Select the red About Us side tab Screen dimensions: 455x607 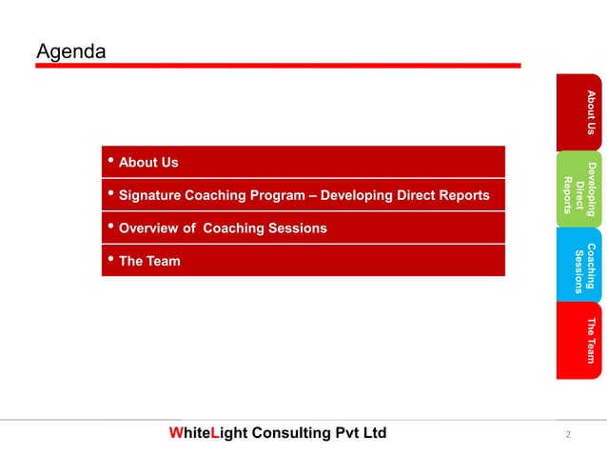coord(579,111)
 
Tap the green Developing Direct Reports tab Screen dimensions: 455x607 coord(579,188)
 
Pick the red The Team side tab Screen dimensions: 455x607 coord(579,340)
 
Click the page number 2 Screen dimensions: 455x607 coord(567,435)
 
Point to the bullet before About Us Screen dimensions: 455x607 coord(111,161)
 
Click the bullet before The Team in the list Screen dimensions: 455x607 coord(111,259)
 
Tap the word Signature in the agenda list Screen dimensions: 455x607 coord(148,196)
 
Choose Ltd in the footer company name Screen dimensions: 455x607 coord(376,433)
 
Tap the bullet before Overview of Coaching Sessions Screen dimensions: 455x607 coord(111,227)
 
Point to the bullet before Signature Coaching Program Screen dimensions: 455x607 coord(111,194)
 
